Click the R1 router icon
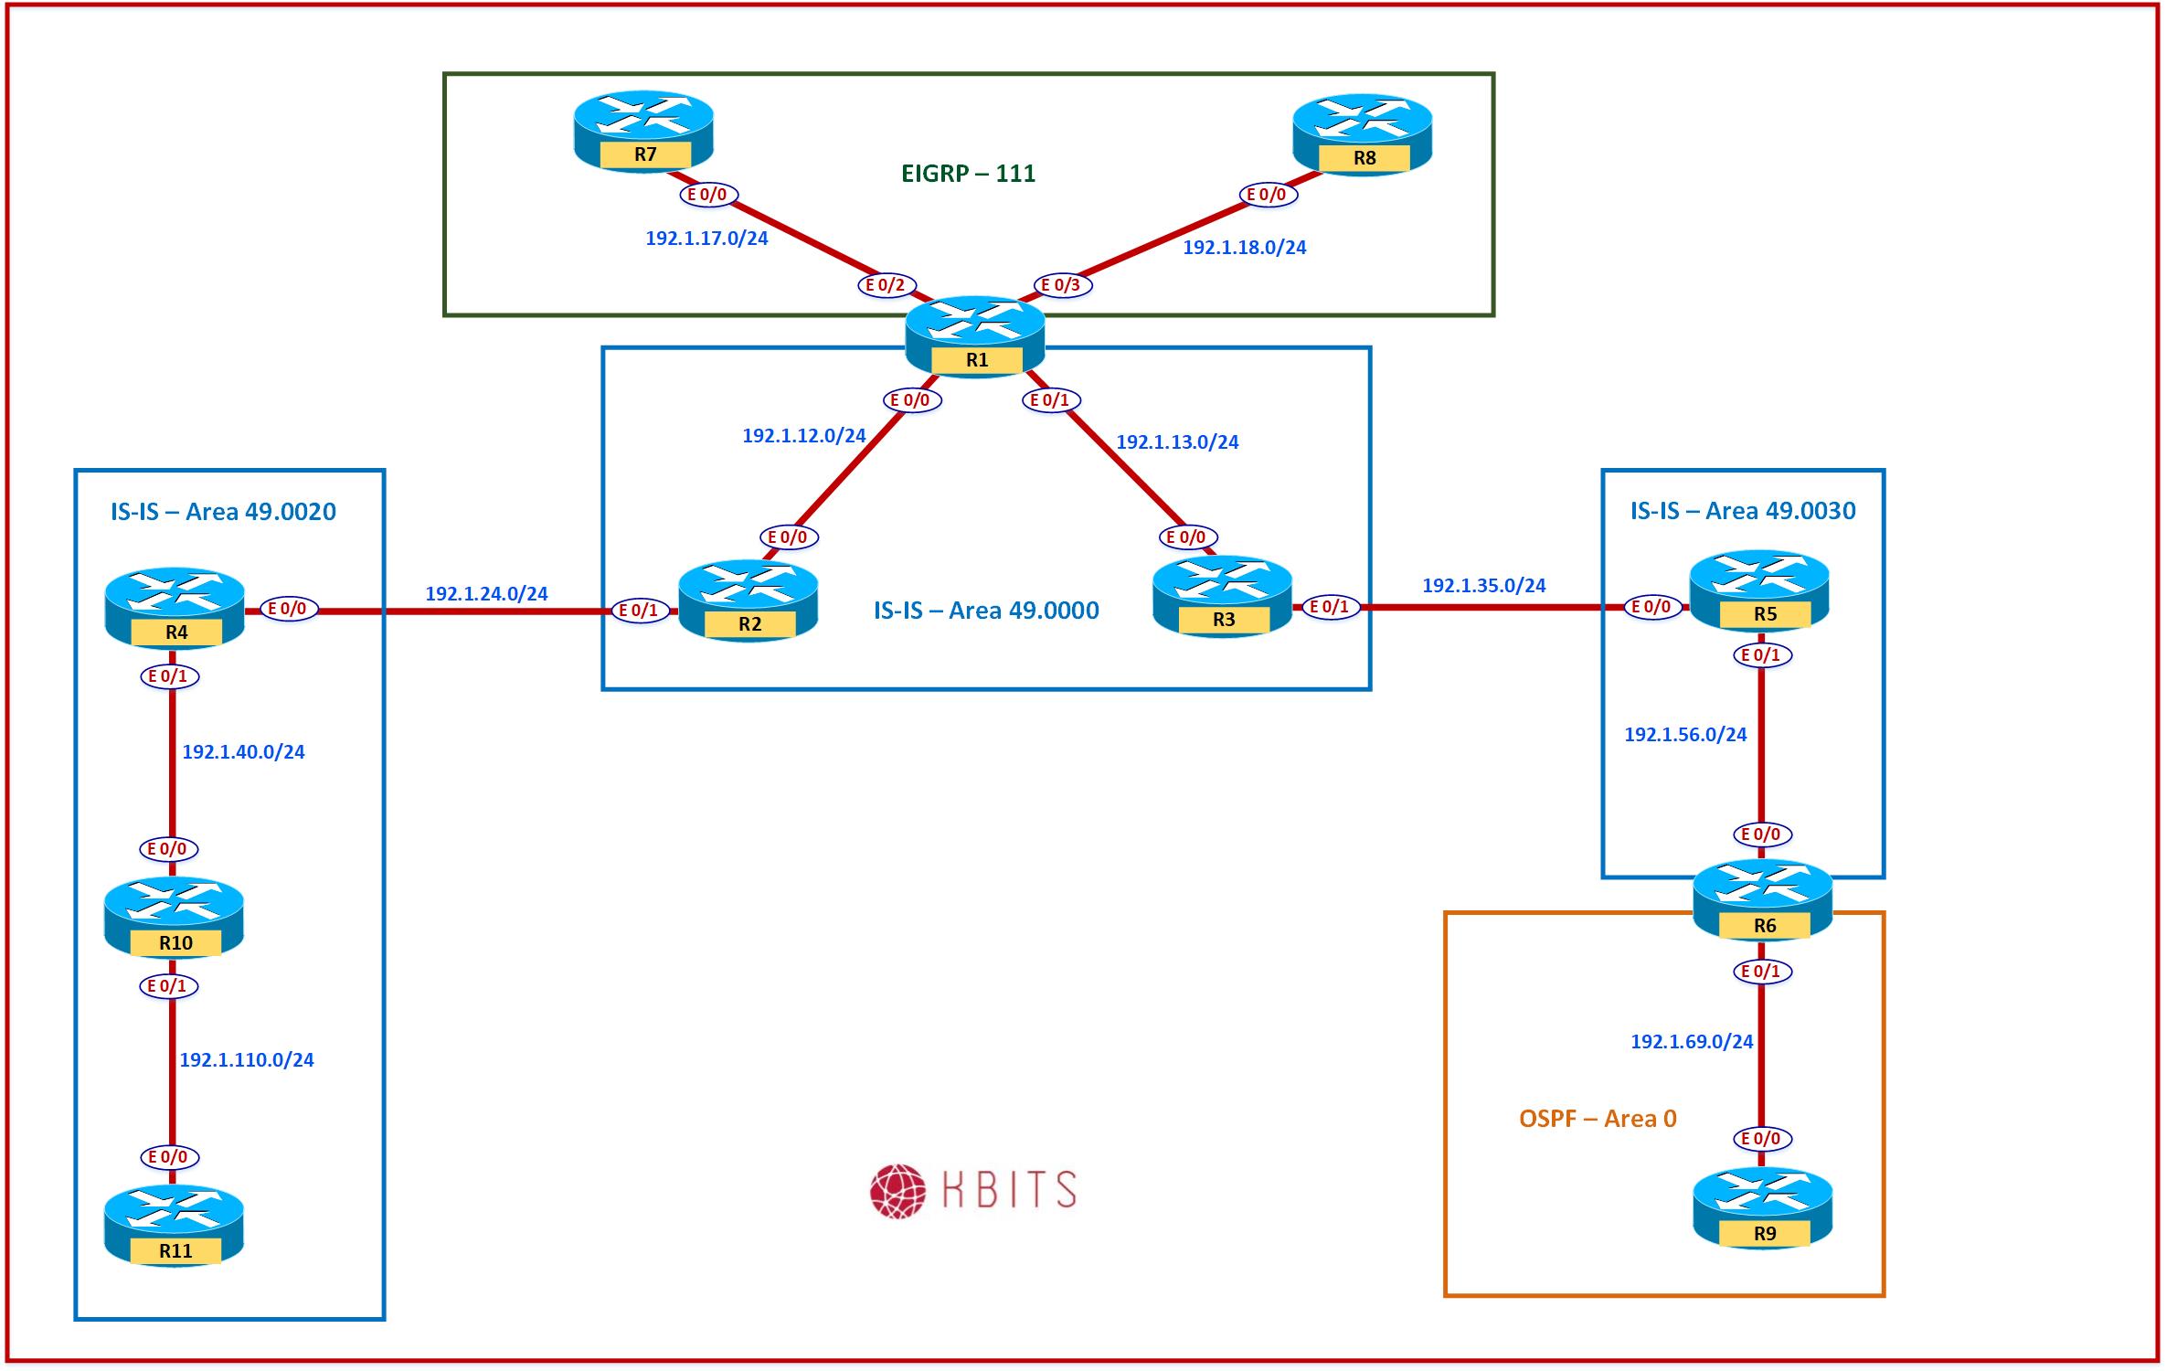(975, 335)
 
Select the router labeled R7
(643, 130)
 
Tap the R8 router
(1363, 133)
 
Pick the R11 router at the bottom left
(174, 1226)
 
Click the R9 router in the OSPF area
(1763, 1208)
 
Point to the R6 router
(1763, 900)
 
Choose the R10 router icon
(174, 918)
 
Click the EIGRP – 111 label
(968, 174)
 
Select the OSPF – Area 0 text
(1598, 1119)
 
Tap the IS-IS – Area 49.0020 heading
(223, 511)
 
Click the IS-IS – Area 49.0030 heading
(1743, 511)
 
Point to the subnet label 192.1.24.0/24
(486, 594)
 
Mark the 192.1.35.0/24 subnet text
(1484, 586)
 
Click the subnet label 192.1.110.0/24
(247, 1060)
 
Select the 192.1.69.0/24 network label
(1692, 1042)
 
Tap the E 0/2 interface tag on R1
(886, 285)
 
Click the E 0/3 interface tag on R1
(1061, 285)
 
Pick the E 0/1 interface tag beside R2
(639, 611)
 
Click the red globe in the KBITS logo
(897, 1191)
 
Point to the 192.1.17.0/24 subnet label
(706, 239)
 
